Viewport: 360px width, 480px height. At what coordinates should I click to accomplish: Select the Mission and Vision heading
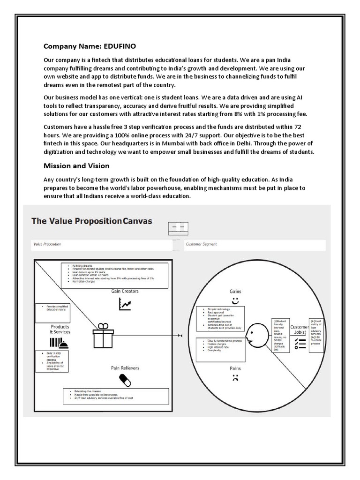coord(76,165)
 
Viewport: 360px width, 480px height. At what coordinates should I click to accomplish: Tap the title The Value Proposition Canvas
coord(92,220)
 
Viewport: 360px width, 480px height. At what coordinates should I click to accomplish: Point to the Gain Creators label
coord(125,291)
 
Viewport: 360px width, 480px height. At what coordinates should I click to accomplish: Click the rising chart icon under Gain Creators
coord(125,305)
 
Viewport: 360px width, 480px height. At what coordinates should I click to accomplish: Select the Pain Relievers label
coord(125,368)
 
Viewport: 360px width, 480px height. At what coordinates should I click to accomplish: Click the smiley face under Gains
coord(235,300)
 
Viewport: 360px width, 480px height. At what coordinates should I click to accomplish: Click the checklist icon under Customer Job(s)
coord(299,345)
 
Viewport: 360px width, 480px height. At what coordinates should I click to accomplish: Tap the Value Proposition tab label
coord(47,244)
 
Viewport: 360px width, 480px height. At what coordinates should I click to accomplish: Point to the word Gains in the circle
coord(235,291)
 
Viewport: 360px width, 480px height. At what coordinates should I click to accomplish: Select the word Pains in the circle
coord(235,368)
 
